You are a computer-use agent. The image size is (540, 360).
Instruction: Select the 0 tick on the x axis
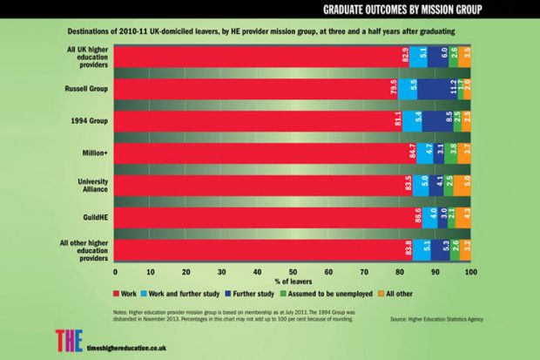115,272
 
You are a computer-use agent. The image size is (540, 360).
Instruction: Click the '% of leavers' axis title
293,283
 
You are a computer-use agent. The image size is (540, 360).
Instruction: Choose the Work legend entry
127,296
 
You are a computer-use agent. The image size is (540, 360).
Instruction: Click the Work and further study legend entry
192,296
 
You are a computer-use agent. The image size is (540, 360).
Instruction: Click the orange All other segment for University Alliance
467,184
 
